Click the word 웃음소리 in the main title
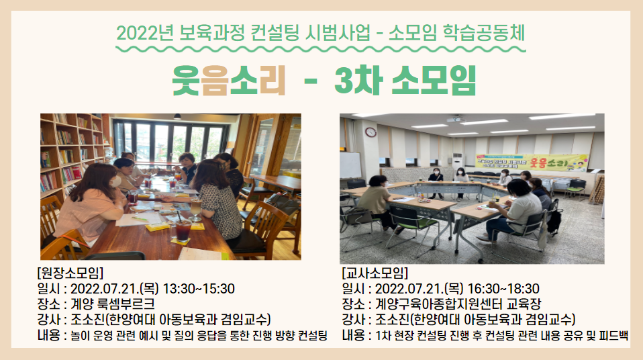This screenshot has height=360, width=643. (228, 80)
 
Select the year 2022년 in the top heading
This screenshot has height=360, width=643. (145, 34)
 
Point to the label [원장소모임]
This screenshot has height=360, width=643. (70, 273)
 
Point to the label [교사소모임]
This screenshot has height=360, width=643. (375, 273)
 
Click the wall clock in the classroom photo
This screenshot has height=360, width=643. (370, 132)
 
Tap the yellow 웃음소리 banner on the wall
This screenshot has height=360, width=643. (532, 163)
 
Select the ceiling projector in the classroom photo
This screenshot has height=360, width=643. (455, 119)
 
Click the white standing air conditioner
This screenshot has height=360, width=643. (458, 162)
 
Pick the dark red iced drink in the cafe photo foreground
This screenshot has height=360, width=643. (183, 231)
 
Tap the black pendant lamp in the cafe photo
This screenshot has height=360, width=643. (177, 117)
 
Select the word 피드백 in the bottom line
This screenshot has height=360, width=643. (613, 335)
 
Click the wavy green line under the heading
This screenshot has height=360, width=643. (321, 49)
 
